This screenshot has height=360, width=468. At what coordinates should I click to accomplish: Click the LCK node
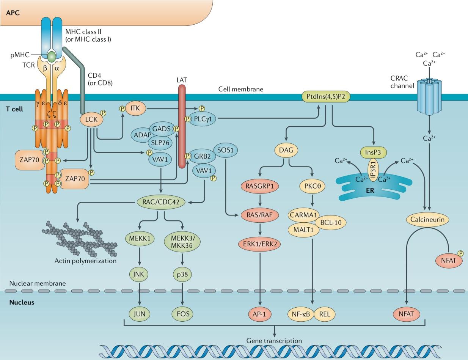tap(91, 119)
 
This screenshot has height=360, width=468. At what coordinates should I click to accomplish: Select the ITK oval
tap(135, 108)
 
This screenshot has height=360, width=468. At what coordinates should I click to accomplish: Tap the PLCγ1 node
tap(203, 119)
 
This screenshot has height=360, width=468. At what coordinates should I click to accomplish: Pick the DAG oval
tap(286, 150)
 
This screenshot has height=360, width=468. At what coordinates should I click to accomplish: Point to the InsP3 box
tap(373, 152)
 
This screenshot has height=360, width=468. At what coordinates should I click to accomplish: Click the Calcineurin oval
tap(427, 220)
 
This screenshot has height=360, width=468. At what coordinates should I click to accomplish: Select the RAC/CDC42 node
tap(161, 202)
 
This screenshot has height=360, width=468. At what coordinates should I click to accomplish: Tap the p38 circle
tap(182, 275)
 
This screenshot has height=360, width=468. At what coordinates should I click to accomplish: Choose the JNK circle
tap(140, 274)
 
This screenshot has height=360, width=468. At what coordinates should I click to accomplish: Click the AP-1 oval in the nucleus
tap(260, 314)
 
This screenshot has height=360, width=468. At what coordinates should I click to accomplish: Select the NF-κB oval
tap(301, 314)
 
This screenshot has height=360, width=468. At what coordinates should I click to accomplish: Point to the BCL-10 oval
tap(331, 222)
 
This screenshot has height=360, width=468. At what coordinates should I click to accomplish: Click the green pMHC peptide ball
tap(52, 56)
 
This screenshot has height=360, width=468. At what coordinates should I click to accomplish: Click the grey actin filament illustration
tap(80, 239)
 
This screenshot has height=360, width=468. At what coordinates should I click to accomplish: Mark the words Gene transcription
tap(274, 341)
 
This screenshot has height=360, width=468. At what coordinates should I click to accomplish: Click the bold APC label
tap(13, 13)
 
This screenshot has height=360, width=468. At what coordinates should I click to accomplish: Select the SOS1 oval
tap(225, 150)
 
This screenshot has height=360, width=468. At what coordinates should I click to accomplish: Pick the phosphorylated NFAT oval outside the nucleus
tap(449, 261)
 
